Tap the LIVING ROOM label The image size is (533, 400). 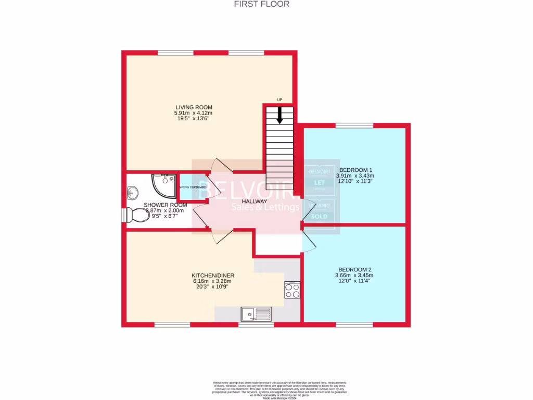coord(194,107)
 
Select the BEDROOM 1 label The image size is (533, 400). coord(356,170)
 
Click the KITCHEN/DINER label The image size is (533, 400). coord(212,276)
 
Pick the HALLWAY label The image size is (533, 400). coord(255,202)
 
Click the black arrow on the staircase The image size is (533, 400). coord(280,115)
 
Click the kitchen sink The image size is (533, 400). coord(256,314)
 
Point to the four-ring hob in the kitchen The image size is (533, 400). coord(292,290)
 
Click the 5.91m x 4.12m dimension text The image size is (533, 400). coord(194,113)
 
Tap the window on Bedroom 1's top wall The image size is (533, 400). coord(354,126)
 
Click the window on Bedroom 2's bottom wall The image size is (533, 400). coord(354,325)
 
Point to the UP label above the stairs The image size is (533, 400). coord(280,99)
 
